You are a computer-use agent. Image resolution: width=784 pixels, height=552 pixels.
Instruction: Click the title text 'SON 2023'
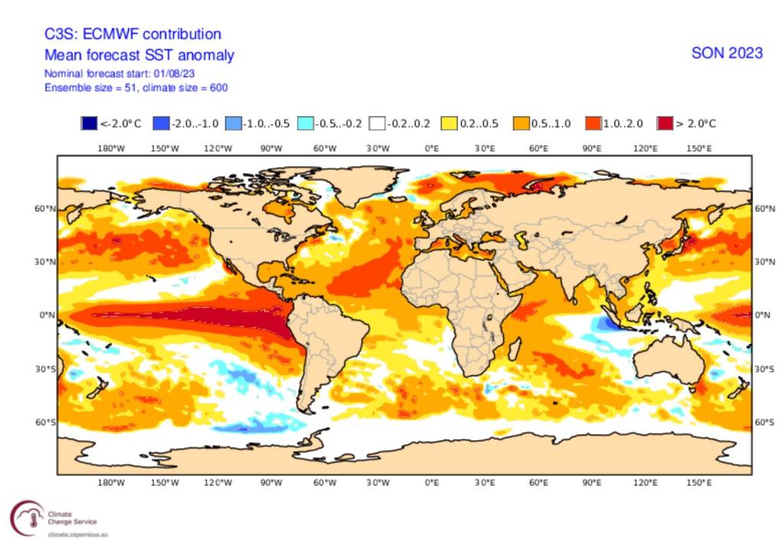click(727, 53)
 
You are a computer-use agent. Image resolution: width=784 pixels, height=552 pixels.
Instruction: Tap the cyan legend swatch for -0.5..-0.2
click(304, 123)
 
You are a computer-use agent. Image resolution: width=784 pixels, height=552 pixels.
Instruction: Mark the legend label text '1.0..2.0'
click(621, 123)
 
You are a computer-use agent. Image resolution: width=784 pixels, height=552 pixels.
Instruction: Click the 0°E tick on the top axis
click(431, 147)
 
